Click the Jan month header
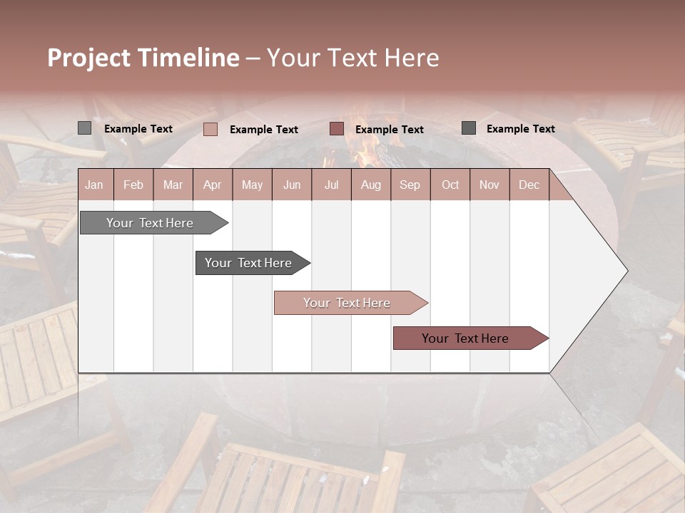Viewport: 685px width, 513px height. point(94,185)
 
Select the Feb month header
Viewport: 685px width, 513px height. point(133,185)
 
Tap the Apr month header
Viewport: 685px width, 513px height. point(212,185)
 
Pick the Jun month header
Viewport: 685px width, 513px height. point(292,185)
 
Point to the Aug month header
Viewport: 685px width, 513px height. point(370,185)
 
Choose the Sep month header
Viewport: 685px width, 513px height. point(410,185)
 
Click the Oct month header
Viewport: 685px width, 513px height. point(450,185)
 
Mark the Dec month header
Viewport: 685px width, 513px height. point(529,185)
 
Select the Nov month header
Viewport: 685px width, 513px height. point(489,185)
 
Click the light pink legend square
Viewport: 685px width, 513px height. point(210,129)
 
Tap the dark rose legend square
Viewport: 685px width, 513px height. point(337,129)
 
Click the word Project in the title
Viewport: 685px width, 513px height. point(89,58)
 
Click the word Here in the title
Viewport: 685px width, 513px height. point(412,58)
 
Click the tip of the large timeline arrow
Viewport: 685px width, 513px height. point(626,270)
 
